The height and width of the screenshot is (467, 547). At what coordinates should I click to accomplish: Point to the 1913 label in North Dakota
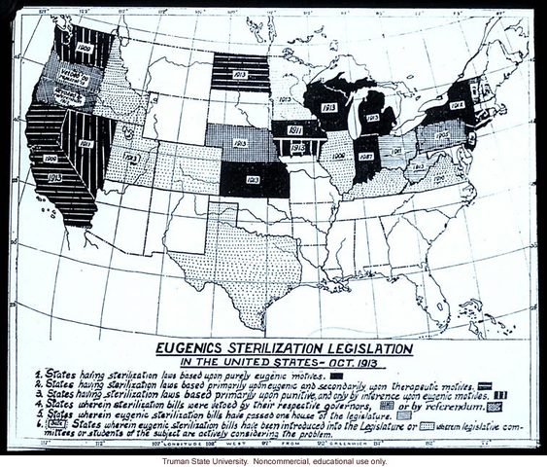(x=242, y=71)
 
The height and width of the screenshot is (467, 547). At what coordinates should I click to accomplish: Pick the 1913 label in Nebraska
(x=239, y=143)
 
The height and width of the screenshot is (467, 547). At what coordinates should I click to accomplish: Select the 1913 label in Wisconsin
(x=328, y=106)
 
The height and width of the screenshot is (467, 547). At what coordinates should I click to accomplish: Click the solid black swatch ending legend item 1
(x=338, y=374)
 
